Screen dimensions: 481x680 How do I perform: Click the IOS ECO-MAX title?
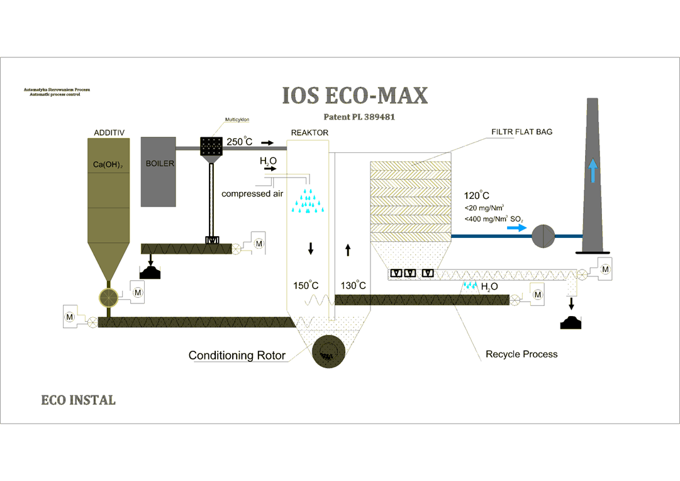pyautogui.click(x=355, y=96)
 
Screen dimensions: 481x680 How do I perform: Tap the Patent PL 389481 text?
pyautogui.click(x=359, y=117)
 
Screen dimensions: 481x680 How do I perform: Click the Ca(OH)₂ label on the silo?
pyautogui.click(x=108, y=164)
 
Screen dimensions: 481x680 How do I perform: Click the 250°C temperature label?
pyautogui.click(x=239, y=142)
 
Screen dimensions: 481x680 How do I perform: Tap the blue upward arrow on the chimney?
pyautogui.click(x=592, y=171)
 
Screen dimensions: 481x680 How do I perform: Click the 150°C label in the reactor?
pyautogui.click(x=306, y=286)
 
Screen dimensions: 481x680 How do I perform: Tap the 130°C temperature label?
pyautogui.click(x=353, y=286)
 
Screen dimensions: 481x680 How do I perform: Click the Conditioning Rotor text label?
pyautogui.click(x=237, y=356)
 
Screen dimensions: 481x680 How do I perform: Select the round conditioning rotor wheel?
pyautogui.click(x=327, y=350)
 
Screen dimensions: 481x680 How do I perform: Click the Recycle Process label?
pyautogui.click(x=521, y=354)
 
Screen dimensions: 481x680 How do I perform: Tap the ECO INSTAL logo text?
pyautogui.click(x=78, y=400)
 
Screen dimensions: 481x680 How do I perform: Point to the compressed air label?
pyautogui.click(x=252, y=194)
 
